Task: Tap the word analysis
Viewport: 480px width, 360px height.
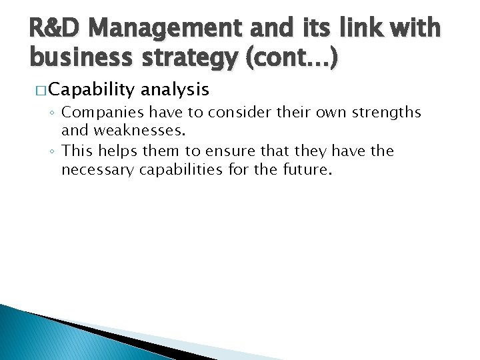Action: click(175, 89)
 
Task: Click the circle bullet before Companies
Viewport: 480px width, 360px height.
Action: click(54, 113)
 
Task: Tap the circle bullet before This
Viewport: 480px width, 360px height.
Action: click(54, 151)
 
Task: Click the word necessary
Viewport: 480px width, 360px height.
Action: click(97, 170)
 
